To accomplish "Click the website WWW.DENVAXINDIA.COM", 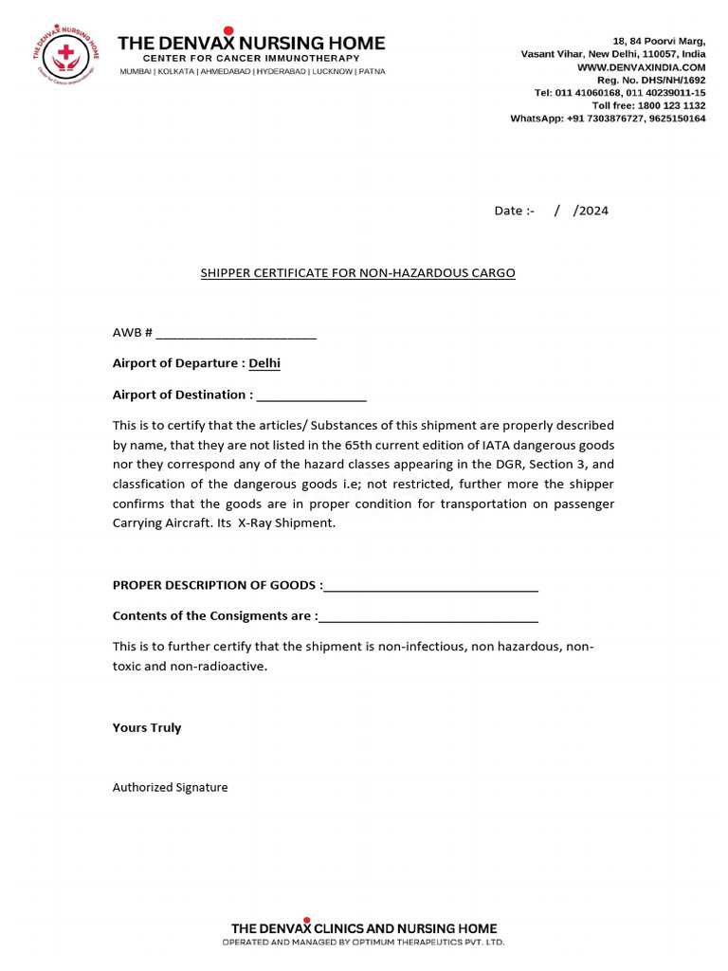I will click(x=654, y=67).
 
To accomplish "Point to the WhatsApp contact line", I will click(x=608, y=119).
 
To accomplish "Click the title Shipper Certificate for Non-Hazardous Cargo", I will click(x=357, y=273).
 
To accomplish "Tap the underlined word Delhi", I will click(x=264, y=363).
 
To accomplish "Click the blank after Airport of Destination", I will click(x=311, y=394).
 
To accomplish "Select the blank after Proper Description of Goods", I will click(x=430, y=585).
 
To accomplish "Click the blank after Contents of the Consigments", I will click(x=428, y=616).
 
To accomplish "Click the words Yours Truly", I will click(x=147, y=727).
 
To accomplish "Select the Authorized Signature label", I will click(x=171, y=787).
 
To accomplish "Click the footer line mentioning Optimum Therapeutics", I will click(x=363, y=943).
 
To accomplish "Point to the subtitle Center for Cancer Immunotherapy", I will click(x=251, y=59).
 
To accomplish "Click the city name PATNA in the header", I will click(x=372, y=72).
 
